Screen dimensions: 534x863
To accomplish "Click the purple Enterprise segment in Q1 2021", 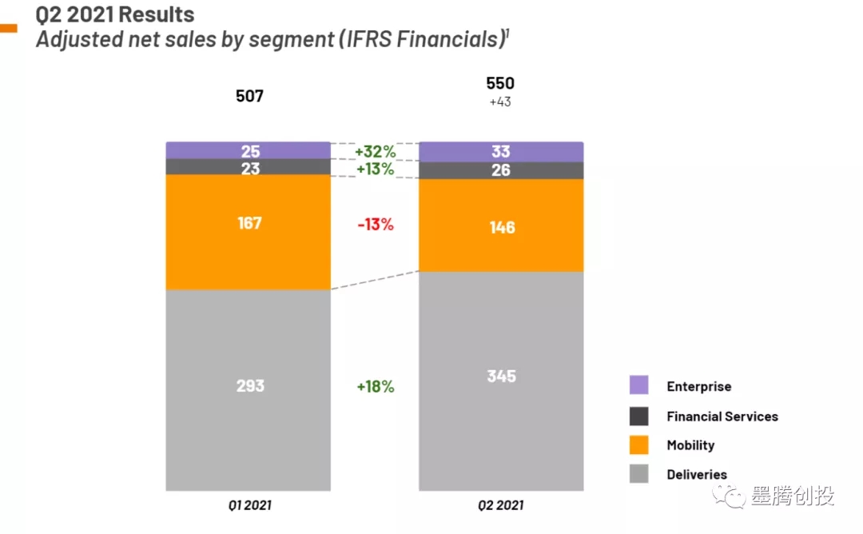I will pos(249,150).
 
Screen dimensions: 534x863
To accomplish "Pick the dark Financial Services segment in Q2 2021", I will pos(501,170).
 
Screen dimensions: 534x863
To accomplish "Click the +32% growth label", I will pos(375,152).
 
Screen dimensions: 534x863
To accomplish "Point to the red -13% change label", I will pos(375,225).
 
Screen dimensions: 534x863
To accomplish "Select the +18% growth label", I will pos(375,386).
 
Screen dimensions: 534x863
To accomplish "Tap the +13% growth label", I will pos(375,169).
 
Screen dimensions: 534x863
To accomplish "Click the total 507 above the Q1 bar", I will pos(249,96).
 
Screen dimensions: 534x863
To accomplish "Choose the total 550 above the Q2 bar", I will pos(500,84).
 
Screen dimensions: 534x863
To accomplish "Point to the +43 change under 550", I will pos(500,102).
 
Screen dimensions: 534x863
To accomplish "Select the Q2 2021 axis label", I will pos(501,505).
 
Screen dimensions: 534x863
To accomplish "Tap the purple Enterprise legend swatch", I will pos(638,385).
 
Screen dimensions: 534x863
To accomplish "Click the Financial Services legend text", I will pos(722,416).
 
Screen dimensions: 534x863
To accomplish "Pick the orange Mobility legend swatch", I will pos(638,444).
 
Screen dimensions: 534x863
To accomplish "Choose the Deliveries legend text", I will pos(697,475).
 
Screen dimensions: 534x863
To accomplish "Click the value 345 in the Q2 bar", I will pos(501,376).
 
